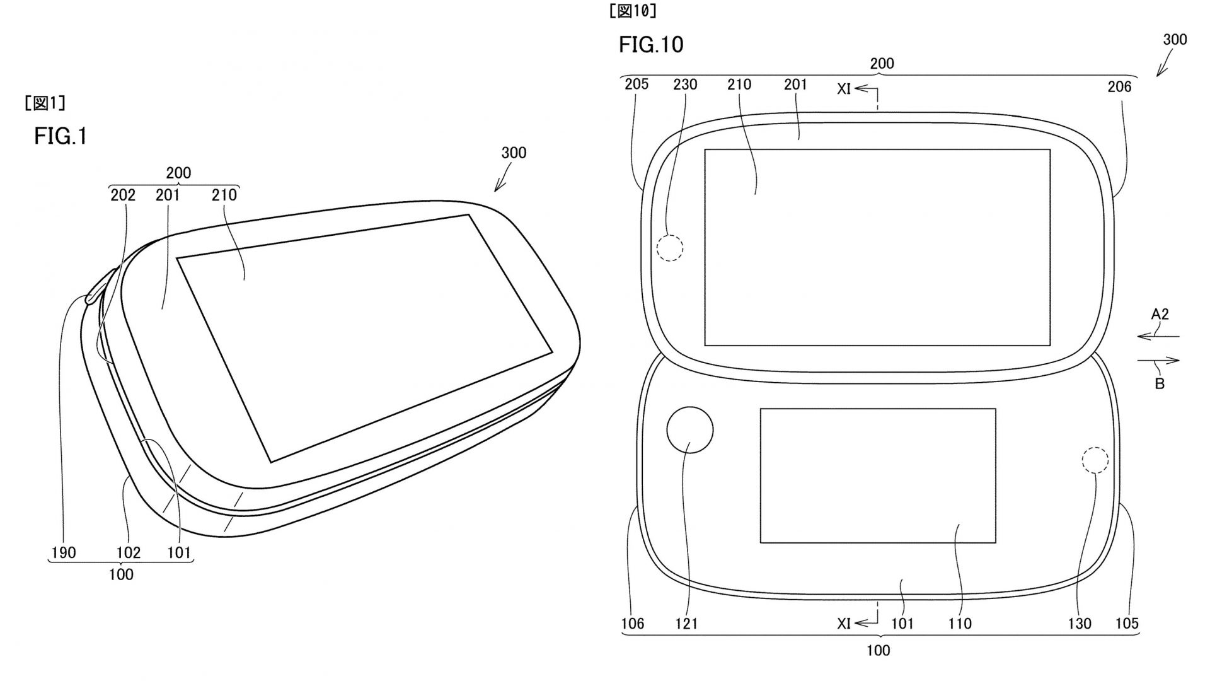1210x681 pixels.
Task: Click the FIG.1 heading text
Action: click(x=60, y=136)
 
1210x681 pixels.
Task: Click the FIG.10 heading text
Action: click(x=650, y=45)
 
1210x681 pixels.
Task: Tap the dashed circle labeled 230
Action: click(x=669, y=248)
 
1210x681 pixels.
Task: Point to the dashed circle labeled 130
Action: click(x=1095, y=460)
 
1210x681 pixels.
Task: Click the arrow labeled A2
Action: click(x=1158, y=337)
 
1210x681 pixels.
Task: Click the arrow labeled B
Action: click(x=1158, y=361)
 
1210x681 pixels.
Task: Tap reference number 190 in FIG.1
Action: click(x=63, y=553)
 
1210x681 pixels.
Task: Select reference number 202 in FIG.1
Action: click(x=123, y=195)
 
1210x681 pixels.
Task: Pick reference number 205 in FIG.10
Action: click(x=637, y=84)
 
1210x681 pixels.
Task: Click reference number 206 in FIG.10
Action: click(x=1119, y=87)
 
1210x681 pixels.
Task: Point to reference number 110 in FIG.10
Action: click(x=960, y=624)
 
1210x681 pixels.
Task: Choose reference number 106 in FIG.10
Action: click(x=632, y=624)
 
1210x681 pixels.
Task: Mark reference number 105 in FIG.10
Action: click(x=1127, y=624)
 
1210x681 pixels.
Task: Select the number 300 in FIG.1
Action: click(x=514, y=153)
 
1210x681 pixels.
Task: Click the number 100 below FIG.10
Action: click(x=878, y=650)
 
